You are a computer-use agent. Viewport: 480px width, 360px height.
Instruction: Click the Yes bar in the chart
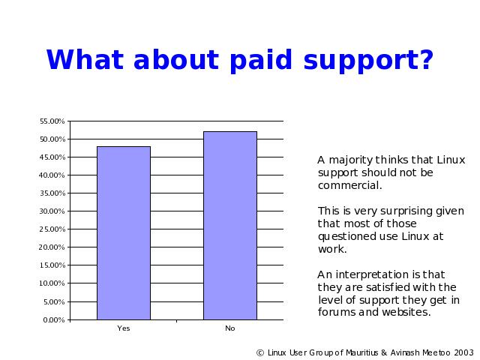coord(124,233)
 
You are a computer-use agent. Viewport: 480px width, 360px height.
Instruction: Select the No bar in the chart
coord(230,226)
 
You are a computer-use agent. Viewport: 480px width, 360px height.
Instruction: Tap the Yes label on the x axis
coord(124,328)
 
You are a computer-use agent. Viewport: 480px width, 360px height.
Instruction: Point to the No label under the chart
coord(230,328)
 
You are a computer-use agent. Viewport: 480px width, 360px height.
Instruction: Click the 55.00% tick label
coord(52,121)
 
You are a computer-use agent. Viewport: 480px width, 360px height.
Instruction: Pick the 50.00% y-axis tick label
coord(52,139)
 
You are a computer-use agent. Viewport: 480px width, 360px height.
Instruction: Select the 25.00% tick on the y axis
coord(52,229)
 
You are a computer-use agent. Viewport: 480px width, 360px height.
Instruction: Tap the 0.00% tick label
coord(54,320)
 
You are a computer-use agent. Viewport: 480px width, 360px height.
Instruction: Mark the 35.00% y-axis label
coord(52,193)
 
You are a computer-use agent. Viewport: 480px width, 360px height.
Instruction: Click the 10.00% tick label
coord(52,283)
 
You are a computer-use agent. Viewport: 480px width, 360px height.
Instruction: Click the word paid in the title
coord(261,61)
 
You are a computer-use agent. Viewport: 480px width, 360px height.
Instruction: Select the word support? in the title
coord(368,61)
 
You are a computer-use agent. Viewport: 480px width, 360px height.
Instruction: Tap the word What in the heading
coord(85,59)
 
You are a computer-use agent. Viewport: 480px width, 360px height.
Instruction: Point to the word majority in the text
coord(351,160)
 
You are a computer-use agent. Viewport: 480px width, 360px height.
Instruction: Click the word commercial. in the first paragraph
coord(350,185)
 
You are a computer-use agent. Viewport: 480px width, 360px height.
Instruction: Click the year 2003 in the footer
coord(463,353)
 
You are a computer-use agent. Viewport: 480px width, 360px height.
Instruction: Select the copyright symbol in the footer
coord(260,353)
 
